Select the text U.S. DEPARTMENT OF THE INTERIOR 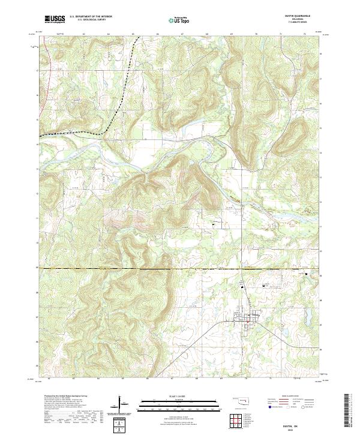[x=91, y=17]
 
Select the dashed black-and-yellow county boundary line [x=150, y=268]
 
